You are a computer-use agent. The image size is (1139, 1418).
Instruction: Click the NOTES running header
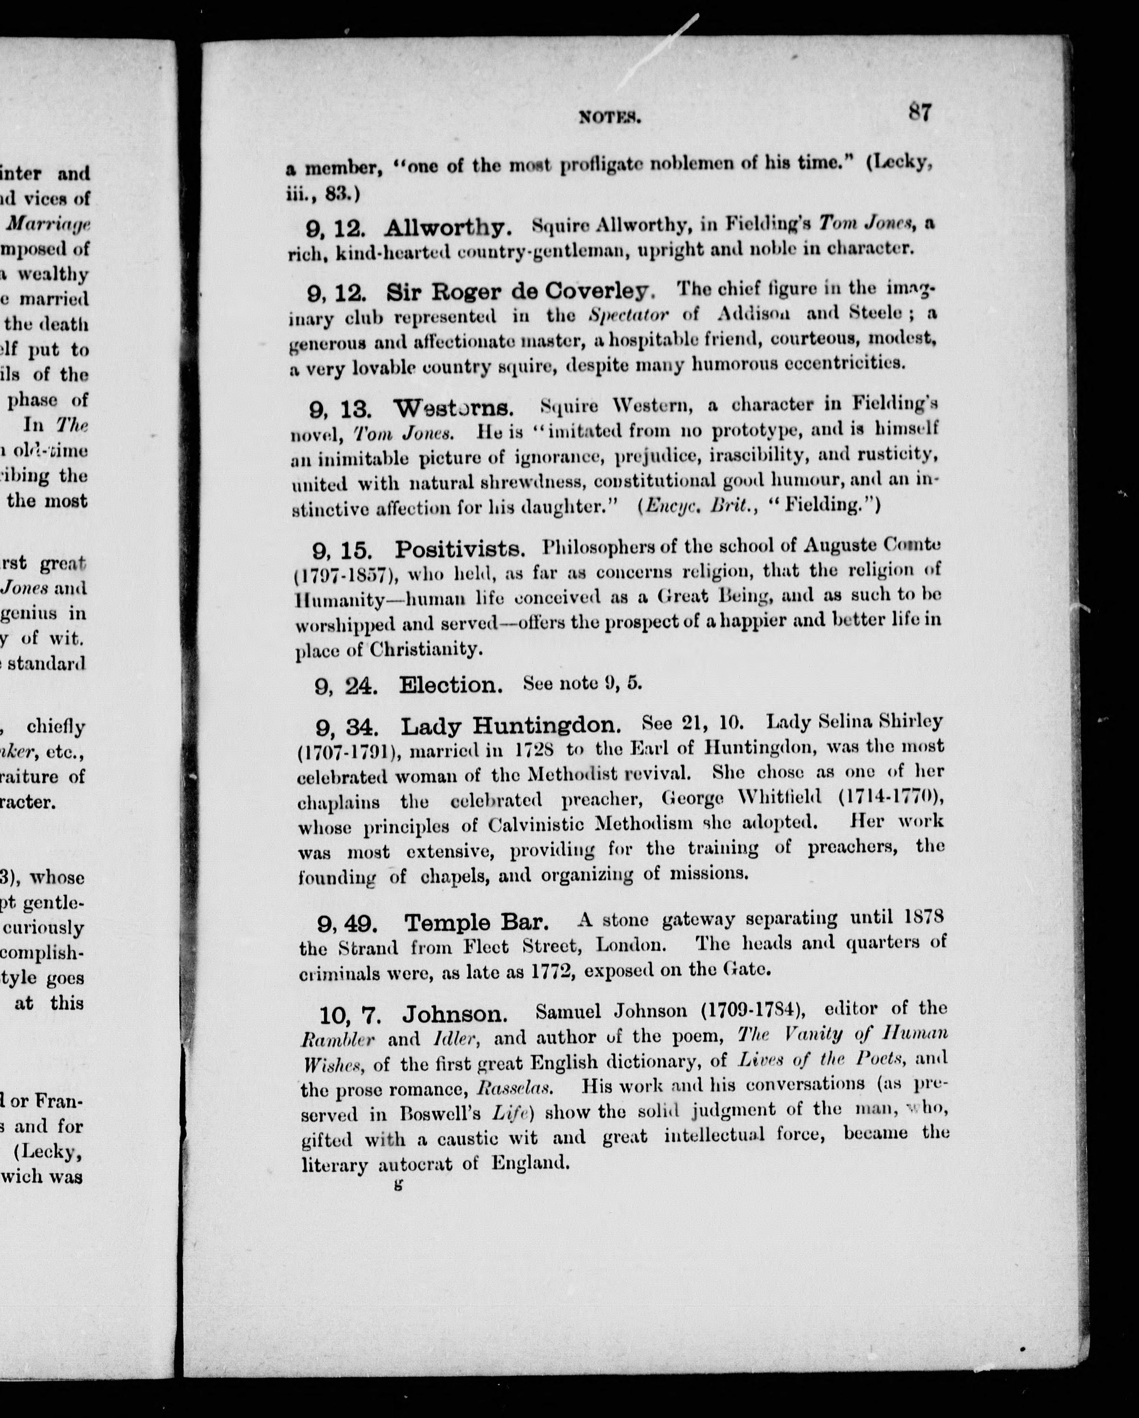[x=610, y=118]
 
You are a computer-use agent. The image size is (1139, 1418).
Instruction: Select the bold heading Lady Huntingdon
[x=511, y=726]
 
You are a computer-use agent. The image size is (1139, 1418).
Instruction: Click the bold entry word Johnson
[x=454, y=1014]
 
